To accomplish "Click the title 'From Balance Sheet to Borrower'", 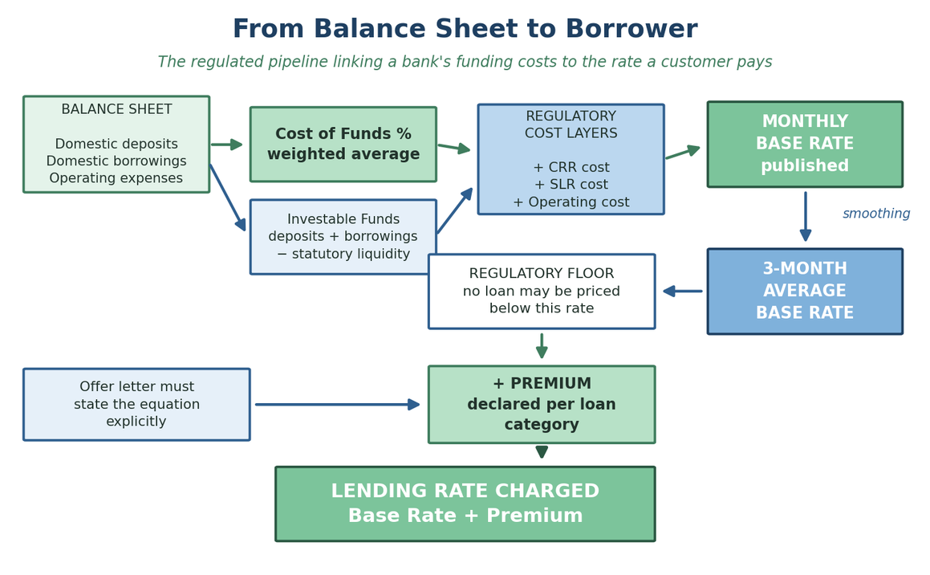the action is click(465, 29).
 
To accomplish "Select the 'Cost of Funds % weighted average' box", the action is click(343, 145).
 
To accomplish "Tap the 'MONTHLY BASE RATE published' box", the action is click(805, 145).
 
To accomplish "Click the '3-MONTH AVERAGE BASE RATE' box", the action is click(805, 292).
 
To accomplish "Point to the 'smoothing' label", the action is click(876, 214).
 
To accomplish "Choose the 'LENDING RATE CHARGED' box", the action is click(465, 504).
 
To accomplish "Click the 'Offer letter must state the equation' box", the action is click(136, 404).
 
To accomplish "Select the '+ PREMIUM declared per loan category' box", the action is click(542, 404).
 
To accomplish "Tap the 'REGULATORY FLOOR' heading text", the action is click(542, 274).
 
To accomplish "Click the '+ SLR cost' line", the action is click(571, 185).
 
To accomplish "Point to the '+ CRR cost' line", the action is click(571, 167).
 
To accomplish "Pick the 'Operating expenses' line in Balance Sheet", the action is click(116, 178).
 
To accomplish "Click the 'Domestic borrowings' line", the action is click(116, 161).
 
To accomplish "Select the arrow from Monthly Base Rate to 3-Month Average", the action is click(806, 216).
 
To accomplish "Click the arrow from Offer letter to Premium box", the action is click(338, 405).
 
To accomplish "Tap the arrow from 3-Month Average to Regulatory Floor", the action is click(683, 292).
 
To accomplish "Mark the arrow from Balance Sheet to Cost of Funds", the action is click(226, 145).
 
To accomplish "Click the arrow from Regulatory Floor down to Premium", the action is click(542, 346).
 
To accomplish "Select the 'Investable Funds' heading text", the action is click(343, 219).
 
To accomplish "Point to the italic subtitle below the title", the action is click(465, 62).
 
